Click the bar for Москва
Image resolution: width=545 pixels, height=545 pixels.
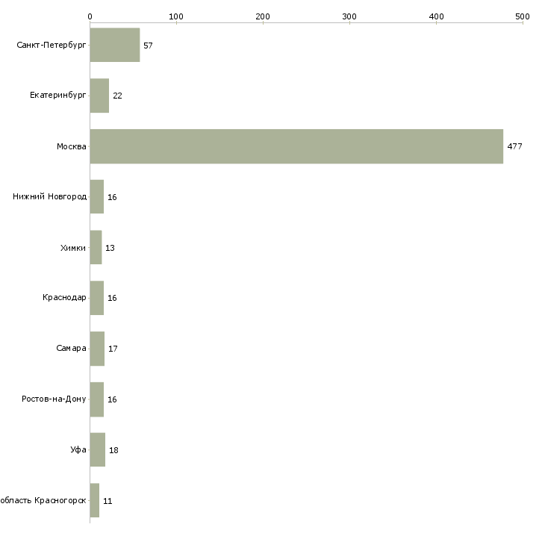[296, 146]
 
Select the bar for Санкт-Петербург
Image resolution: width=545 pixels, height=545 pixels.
[115, 45]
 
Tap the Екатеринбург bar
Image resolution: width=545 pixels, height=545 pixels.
[99, 96]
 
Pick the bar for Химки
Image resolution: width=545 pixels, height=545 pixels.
[96, 247]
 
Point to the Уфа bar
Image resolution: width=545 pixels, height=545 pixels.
[98, 449]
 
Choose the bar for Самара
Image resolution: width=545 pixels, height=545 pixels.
[97, 349]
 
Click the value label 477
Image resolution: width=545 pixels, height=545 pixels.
[514, 146]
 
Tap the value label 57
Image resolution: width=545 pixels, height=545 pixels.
[148, 46]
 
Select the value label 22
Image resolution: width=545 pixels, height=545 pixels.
[117, 96]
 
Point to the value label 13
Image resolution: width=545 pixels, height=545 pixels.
[110, 248]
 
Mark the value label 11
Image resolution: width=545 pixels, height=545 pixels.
[108, 501]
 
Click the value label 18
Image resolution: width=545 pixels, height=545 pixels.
[113, 450]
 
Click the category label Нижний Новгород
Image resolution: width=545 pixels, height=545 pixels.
[50, 197]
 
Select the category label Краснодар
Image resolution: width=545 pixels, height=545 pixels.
[64, 298]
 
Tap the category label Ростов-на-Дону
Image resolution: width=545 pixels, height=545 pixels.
[54, 399]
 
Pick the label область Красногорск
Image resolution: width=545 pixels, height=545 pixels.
[43, 500]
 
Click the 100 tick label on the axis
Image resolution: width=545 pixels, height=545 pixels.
[176, 16]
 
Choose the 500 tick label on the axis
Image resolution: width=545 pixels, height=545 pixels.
[523, 16]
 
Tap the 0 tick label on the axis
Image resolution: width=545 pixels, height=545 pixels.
[90, 16]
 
